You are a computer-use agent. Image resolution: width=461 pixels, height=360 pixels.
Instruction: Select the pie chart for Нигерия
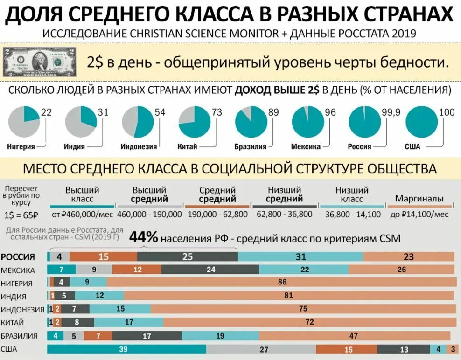[x=24, y=122]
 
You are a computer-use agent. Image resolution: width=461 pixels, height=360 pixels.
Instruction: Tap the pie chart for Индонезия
[x=138, y=122]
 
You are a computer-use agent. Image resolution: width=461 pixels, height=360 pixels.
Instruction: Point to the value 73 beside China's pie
[x=217, y=112]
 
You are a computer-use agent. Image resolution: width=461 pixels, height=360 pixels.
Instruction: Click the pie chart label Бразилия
[x=250, y=146]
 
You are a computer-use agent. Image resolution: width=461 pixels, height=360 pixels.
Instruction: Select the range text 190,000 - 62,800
[x=217, y=215]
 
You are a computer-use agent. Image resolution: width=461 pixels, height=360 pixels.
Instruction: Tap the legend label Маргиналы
[x=419, y=199]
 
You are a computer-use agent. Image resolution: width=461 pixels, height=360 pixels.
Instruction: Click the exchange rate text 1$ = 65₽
[x=21, y=216]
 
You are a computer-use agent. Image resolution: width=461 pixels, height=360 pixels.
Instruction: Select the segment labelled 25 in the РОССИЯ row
[x=187, y=257]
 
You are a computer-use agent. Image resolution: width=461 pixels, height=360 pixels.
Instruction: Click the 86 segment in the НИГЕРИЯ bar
[x=282, y=282]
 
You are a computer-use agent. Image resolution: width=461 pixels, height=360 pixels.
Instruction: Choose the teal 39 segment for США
[x=123, y=349]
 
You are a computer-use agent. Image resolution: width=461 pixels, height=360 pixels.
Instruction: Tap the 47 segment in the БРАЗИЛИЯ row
[x=354, y=336]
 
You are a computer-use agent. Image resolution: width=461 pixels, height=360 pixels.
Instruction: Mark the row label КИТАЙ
[x=13, y=322]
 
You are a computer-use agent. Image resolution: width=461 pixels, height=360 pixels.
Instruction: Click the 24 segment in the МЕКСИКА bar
[x=211, y=270]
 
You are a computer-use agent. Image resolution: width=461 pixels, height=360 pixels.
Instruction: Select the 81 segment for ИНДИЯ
[x=288, y=295]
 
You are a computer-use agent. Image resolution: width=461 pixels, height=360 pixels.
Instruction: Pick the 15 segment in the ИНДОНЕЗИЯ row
[x=120, y=309]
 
